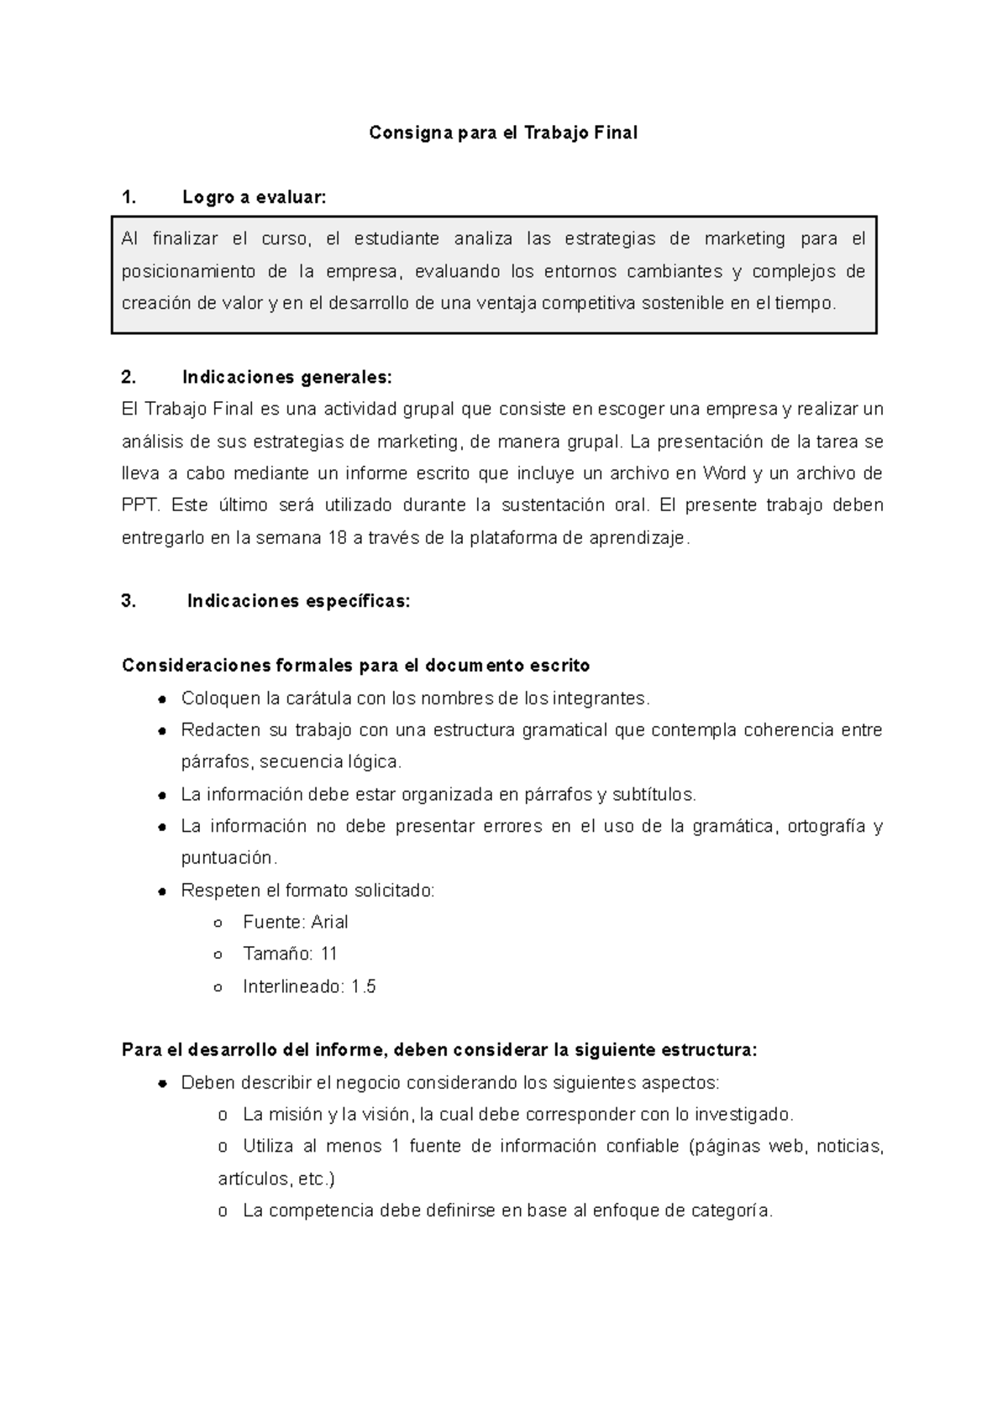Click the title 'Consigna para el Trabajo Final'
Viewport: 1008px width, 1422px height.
pos(503,133)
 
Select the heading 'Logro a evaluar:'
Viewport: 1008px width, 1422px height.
pos(254,198)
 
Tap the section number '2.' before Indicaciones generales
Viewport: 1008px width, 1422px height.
pos(129,377)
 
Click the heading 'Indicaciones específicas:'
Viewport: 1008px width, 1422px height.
pos(298,601)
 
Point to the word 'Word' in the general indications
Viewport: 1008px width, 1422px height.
pos(724,473)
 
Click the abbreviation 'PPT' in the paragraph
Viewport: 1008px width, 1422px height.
pos(139,505)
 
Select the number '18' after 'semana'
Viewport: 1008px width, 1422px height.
pos(337,538)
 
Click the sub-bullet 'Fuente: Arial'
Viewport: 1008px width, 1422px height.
pos(295,922)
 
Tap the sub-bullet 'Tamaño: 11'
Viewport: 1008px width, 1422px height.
pos(290,954)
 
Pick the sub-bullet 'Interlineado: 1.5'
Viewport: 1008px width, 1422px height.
pos(309,986)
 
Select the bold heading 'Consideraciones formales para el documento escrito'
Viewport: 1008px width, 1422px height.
pos(355,666)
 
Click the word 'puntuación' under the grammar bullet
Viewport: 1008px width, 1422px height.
pos(227,858)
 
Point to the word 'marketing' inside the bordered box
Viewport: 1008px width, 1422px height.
pos(743,239)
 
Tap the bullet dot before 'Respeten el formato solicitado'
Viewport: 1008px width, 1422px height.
pos(163,891)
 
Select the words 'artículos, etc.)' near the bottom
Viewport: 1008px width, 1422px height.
pos(276,1179)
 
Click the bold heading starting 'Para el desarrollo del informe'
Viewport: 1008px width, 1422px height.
pos(439,1051)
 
